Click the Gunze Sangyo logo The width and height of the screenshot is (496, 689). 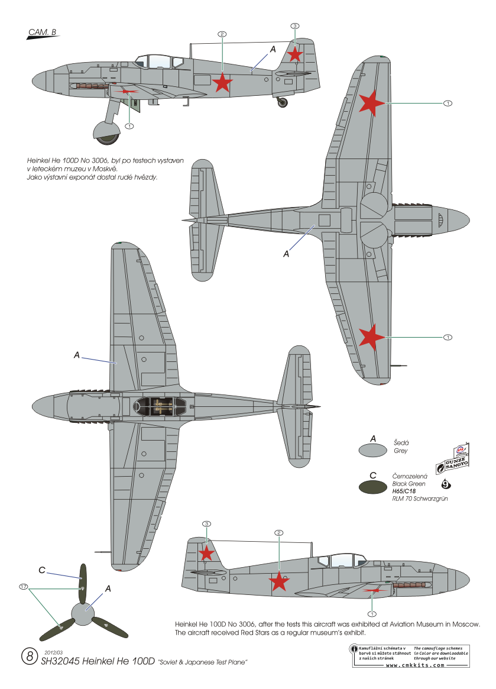click(454, 460)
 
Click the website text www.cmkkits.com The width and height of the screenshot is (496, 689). click(414, 665)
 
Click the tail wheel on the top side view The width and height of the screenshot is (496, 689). click(284, 102)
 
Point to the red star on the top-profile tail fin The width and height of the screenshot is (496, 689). click(295, 54)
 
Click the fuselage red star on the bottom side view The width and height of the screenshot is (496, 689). click(279, 582)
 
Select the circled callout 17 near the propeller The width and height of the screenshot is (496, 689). click(24, 587)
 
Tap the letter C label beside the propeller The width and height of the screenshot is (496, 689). click(42, 570)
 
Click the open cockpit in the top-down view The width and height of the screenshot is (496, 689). click(160, 406)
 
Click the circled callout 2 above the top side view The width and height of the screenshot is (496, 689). click(222, 34)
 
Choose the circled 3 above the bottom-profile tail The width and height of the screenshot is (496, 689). click(206, 524)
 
